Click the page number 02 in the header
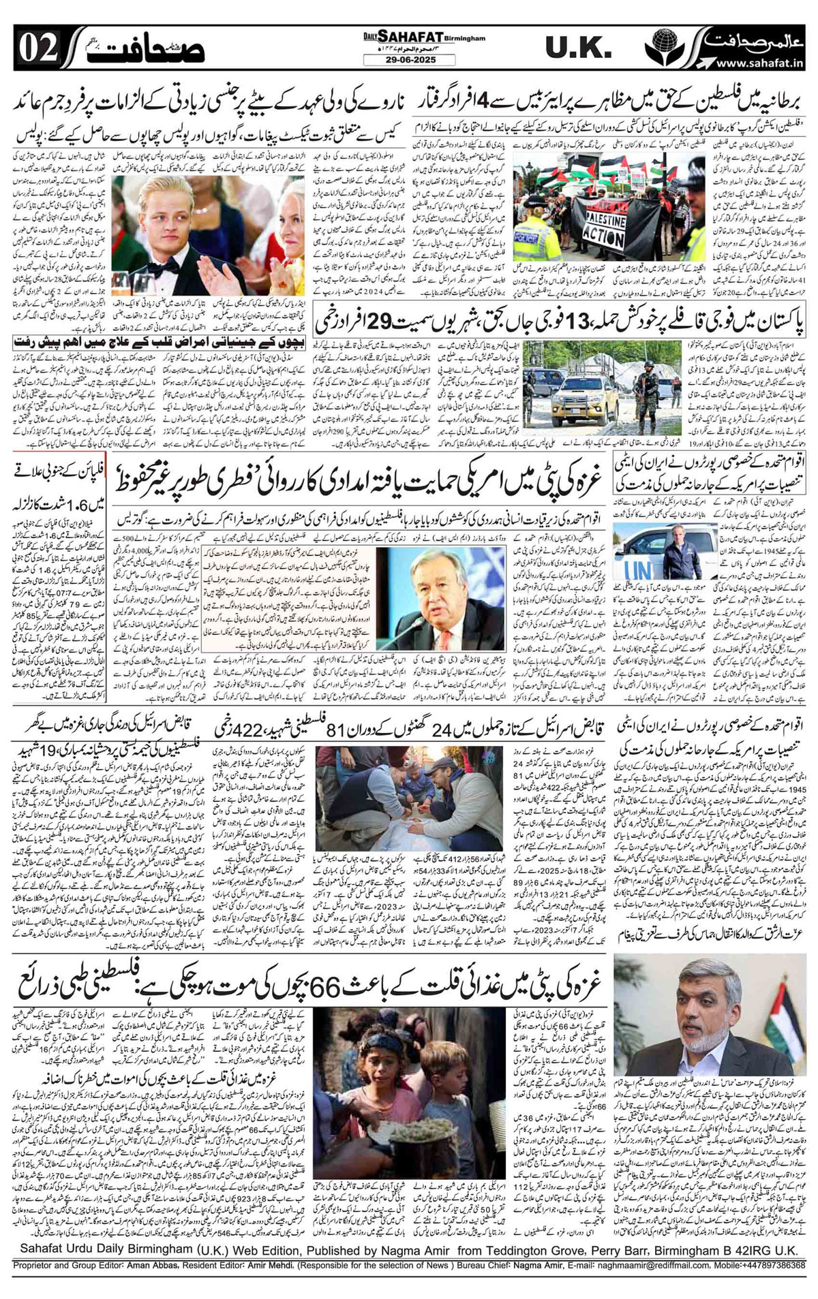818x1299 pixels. click(x=30, y=48)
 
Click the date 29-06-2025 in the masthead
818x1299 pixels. click(x=409, y=60)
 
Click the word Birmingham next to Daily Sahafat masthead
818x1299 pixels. click(x=464, y=39)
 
